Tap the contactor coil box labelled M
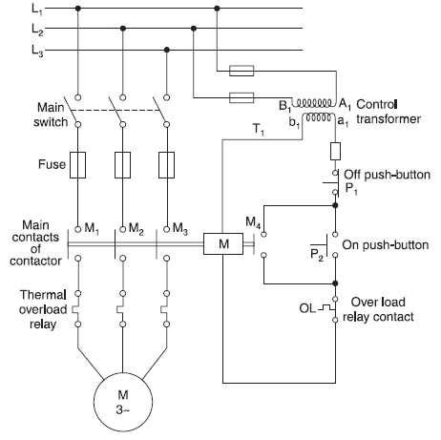(222, 242)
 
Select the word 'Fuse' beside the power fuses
(52, 164)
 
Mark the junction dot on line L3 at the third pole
(167, 50)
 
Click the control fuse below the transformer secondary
(335, 151)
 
